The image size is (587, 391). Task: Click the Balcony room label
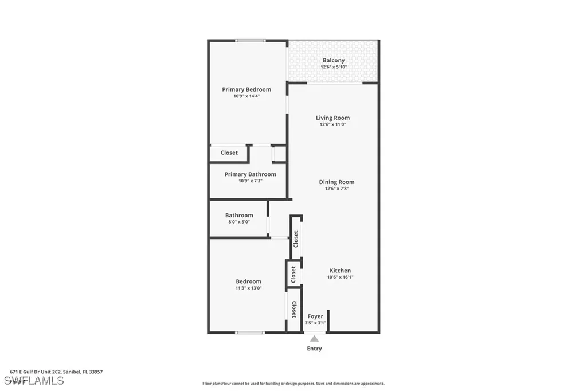[x=334, y=60]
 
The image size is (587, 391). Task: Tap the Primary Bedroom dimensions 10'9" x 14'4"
[x=246, y=96]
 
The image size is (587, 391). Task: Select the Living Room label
[x=332, y=118]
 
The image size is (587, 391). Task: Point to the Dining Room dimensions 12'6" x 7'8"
[x=336, y=189]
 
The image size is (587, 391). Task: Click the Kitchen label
[x=340, y=271]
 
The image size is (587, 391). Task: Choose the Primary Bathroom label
[x=250, y=174]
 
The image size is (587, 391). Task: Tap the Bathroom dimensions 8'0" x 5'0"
[x=238, y=222]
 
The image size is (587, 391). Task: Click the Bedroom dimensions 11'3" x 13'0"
[x=248, y=288]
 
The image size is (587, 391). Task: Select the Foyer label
[x=315, y=316]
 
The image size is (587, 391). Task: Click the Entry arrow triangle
[x=314, y=339]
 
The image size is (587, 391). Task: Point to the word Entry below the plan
[x=314, y=349]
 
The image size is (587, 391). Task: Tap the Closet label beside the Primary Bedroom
[x=229, y=153]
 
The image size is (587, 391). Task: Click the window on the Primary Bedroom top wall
[x=251, y=41]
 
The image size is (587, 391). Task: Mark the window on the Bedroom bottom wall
[x=250, y=333]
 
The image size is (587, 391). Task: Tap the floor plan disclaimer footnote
[x=293, y=384]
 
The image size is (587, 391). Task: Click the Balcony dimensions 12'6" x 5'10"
[x=334, y=67]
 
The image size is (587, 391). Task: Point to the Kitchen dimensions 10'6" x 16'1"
[x=340, y=277]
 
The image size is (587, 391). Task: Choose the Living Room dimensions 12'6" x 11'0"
[x=332, y=124]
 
